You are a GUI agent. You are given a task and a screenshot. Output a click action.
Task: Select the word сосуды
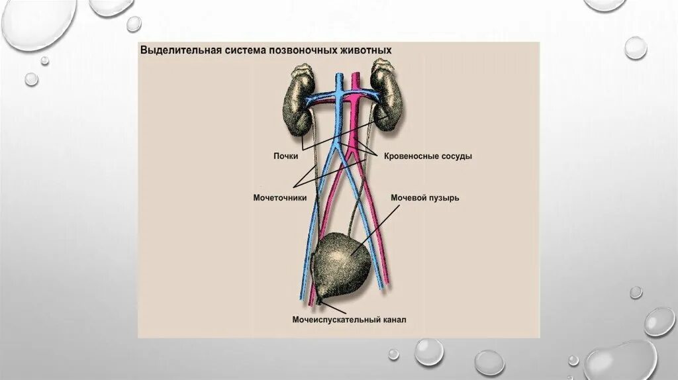coord(458,157)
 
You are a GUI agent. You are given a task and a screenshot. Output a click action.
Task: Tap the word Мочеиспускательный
coord(336,320)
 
